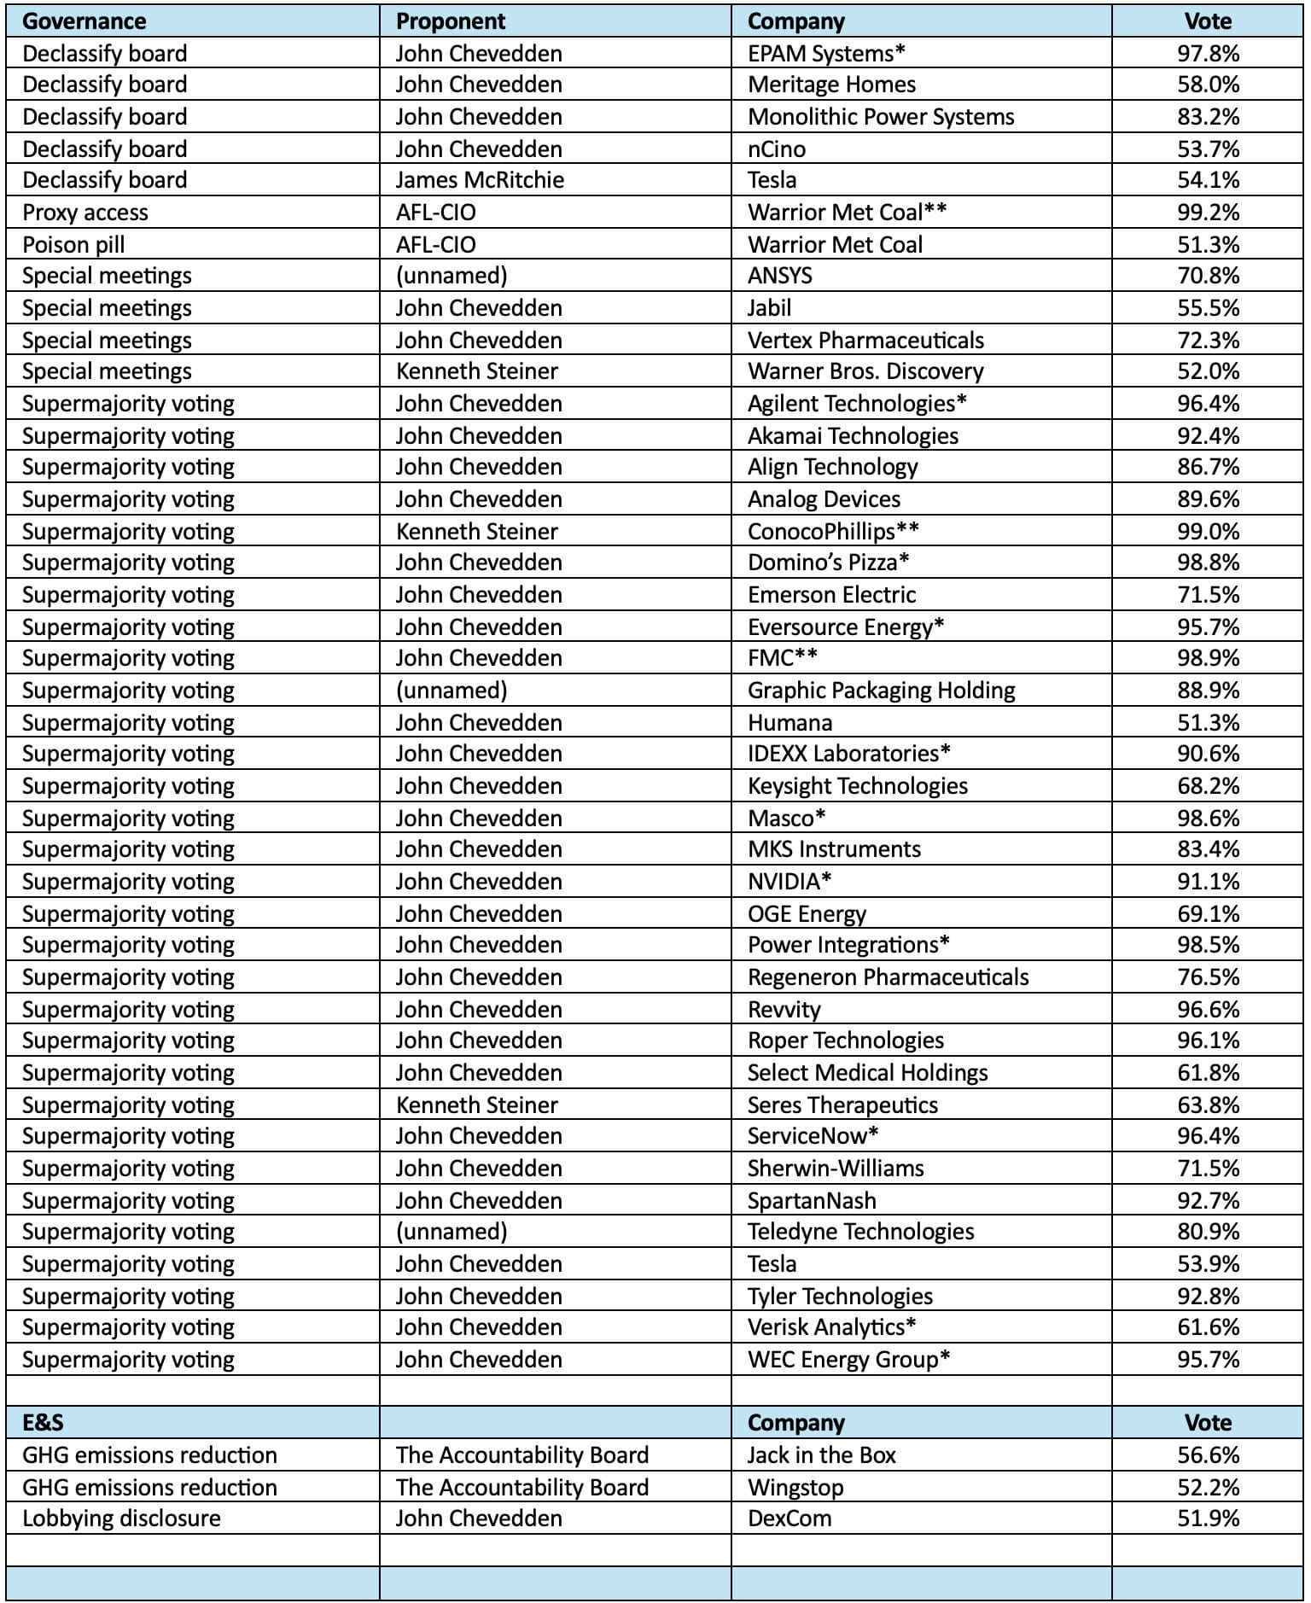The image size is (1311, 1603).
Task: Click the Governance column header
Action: pyautogui.click(x=84, y=21)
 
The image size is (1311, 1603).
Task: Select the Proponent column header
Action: pyautogui.click(x=451, y=21)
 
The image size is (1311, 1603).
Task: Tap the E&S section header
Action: pyautogui.click(x=43, y=1422)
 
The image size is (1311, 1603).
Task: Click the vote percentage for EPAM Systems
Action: pyautogui.click(x=1208, y=54)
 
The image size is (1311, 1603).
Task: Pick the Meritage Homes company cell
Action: pyautogui.click(x=831, y=85)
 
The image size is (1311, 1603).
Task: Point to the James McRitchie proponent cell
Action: pyautogui.click(x=480, y=180)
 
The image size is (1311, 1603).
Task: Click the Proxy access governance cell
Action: pyautogui.click(x=85, y=213)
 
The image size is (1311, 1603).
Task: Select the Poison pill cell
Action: pyautogui.click(x=73, y=245)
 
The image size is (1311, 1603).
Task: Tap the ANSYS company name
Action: pyautogui.click(x=780, y=276)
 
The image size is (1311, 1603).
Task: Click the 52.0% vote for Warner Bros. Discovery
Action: pyautogui.click(x=1208, y=371)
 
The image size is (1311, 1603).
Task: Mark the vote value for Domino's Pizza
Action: pyautogui.click(x=1208, y=563)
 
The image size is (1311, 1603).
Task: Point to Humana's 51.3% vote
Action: pyautogui.click(x=1208, y=723)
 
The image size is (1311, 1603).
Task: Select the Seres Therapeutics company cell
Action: pyautogui.click(x=842, y=1105)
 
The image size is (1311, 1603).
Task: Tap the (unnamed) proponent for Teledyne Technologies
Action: pyautogui.click(x=452, y=1232)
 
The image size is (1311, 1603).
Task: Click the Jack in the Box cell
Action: pyautogui.click(x=822, y=1454)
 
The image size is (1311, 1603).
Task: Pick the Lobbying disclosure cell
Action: pyautogui.click(x=121, y=1518)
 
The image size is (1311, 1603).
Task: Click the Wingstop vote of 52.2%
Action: pyautogui.click(x=1208, y=1487)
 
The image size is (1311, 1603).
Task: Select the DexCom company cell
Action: pyautogui.click(x=790, y=1518)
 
